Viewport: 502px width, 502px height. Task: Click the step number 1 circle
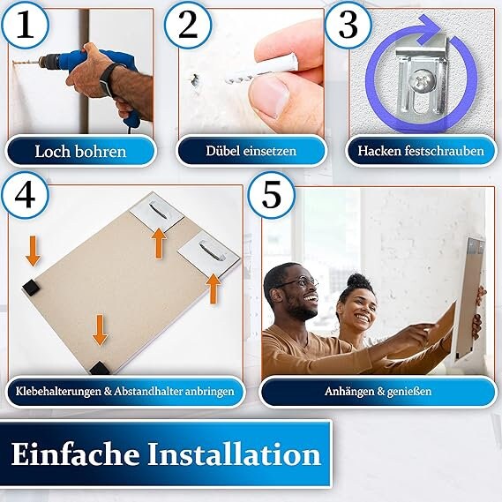coord(25,25)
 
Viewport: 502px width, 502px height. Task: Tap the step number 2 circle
coord(188,25)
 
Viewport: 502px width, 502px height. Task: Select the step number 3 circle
coord(348,25)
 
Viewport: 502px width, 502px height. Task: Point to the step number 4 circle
coord(25,195)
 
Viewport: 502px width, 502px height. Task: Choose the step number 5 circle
coord(271,195)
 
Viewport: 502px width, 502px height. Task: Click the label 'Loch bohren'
coord(80,152)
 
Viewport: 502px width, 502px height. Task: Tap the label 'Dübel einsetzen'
coord(251,151)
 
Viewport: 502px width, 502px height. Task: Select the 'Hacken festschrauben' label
coord(421,151)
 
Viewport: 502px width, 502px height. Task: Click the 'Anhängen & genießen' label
coord(378,391)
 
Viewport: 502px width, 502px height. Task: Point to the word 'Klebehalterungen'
coord(58,391)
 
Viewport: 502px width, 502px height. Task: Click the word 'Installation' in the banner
coord(234,455)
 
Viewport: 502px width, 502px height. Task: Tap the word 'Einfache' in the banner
coord(75,454)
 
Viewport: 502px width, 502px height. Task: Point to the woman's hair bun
coord(356,281)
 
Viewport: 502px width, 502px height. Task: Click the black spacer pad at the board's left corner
coord(31,287)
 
